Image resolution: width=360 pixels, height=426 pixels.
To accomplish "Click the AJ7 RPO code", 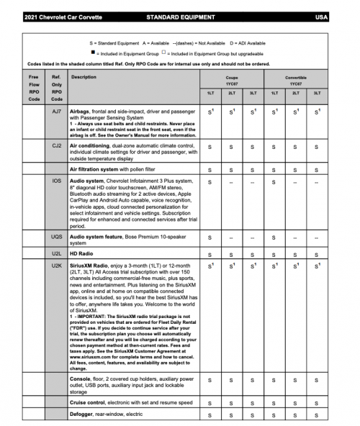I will point(57,112).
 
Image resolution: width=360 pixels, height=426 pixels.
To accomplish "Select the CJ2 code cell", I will point(57,145).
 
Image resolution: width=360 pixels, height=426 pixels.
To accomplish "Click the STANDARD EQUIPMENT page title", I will point(179,15).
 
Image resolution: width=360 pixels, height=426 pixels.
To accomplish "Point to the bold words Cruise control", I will point(91,402).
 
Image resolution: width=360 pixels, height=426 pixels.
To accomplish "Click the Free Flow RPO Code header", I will point(33,87).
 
